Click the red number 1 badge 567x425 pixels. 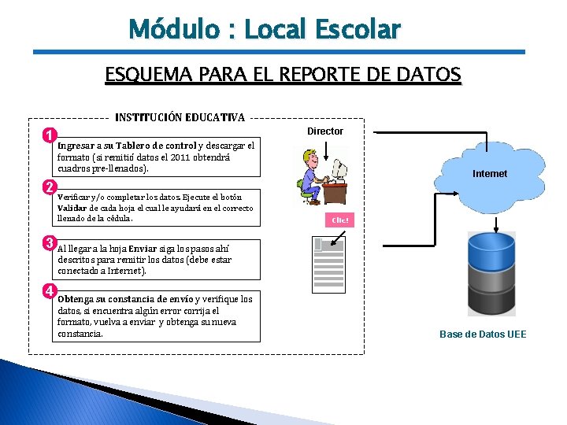[49, 135]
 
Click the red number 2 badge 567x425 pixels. [49, 187]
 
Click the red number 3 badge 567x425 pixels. [49, 242]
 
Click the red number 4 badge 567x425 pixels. [49, 290]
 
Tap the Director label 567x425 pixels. [325, 131]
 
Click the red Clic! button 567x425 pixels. [340, 220]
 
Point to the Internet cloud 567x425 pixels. [490, 173]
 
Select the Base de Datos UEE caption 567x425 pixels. [483, 334]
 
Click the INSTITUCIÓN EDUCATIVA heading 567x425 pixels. [180, 117]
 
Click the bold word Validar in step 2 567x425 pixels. [72, 208]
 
